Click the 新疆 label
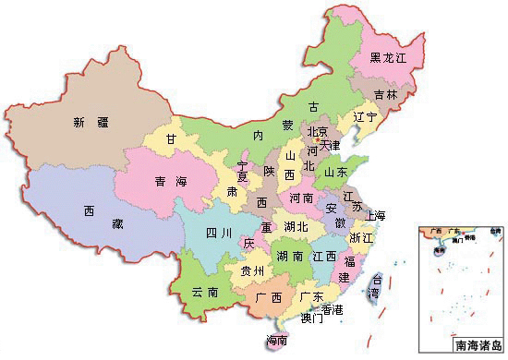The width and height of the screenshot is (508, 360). tap(92, 122)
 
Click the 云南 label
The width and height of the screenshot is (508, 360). tap(205, 292)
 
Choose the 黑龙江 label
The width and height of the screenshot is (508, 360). tap(388, 57)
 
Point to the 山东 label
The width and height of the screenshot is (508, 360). tap(336, 172)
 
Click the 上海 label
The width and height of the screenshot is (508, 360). tap(375, 215)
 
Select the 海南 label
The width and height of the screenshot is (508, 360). tap(276, 340)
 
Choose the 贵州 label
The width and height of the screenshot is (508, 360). tap(252, 270)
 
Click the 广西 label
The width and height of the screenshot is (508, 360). tap(269, 297)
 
